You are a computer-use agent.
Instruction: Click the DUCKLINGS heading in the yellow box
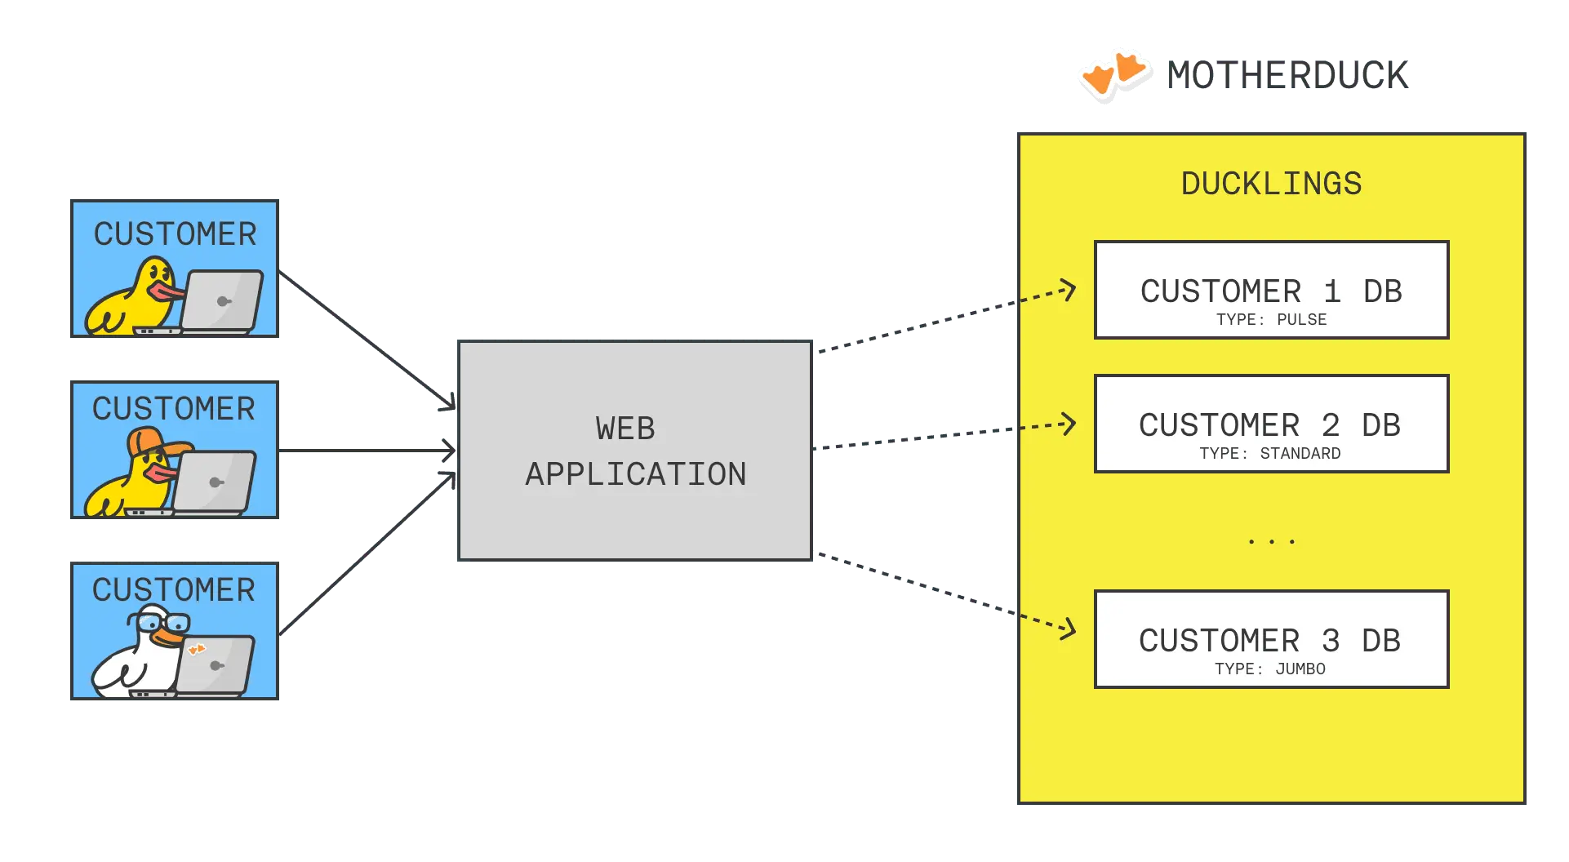[x=1271, y=184]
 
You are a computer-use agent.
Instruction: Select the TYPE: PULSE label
[x=1271, y=319]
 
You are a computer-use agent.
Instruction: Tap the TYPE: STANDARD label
[x=1269, y=453]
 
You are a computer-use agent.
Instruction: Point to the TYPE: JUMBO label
[x=1269, y=669]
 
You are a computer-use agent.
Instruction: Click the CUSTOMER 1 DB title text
[x=1271, y=291]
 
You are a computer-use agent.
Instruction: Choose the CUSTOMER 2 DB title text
[x=1269, y=425]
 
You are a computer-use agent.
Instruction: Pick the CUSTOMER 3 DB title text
[x=1269, y=641]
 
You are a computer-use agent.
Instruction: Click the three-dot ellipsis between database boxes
[x=1271, y=541]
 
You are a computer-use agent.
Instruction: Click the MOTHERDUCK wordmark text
[x=1288, y=75]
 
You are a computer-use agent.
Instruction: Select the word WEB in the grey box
[x=624, y=429]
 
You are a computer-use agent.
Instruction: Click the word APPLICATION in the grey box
[x=635, y=474]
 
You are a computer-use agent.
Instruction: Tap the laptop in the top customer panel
[x=221, y=300]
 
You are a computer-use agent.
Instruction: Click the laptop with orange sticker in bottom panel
[x=214, y=664]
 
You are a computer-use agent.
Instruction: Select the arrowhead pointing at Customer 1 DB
[x=1069, y=290]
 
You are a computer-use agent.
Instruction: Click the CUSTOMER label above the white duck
[x=173, y=589]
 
